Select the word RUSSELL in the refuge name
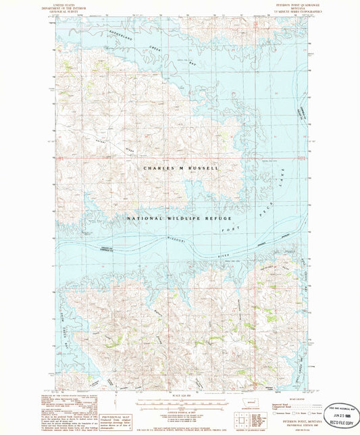pyautogui.click(x=204, y=168)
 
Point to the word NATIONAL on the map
pyautogui.click(x=146, y=218)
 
